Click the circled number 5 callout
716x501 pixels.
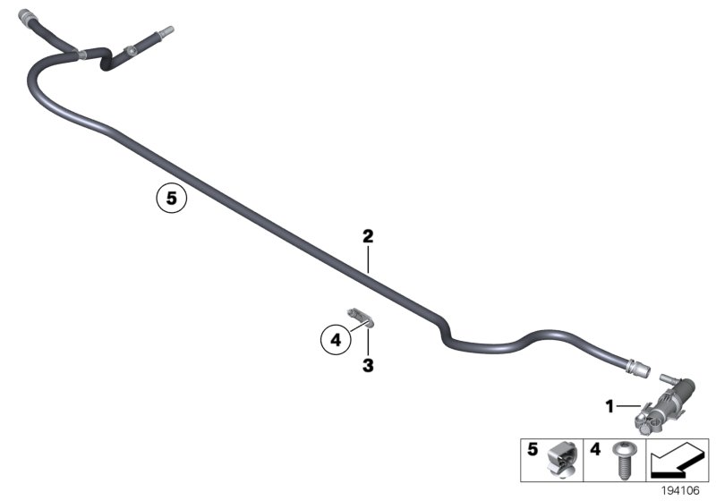tap(171, 197)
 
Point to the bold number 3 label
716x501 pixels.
tap(367, 365)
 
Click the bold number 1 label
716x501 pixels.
tap(609, 407)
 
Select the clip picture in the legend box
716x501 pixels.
tap(562, 459)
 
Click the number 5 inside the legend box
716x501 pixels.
tap(533, 447)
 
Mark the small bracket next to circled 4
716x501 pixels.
tap(361, 316)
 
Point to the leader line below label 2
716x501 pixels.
tap(367, 259)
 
